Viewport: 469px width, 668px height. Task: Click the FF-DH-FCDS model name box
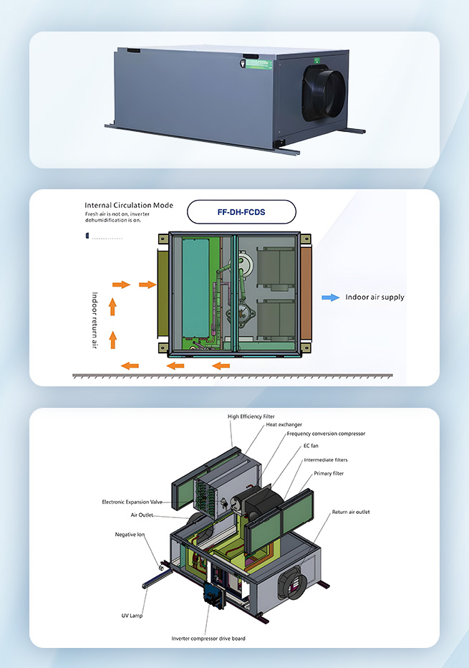pos(241,212)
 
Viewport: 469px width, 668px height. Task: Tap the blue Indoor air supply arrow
pos(330,297)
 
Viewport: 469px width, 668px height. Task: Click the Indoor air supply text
pos(374,297)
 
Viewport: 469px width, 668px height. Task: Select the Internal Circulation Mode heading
pos(129,205)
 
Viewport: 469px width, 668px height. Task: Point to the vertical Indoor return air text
pos(94,320)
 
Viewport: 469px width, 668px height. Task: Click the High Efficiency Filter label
pos(251,416)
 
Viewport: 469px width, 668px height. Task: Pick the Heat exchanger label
pos(284,424)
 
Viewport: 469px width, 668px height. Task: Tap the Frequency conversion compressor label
pos(326,434)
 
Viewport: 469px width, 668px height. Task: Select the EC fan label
pos(310,446)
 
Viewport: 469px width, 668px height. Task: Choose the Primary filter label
pos(329,473)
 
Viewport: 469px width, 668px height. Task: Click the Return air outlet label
pos(351,512)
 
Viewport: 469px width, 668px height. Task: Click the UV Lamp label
pos(132,615)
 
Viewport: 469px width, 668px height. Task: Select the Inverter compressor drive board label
pos(208,638)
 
